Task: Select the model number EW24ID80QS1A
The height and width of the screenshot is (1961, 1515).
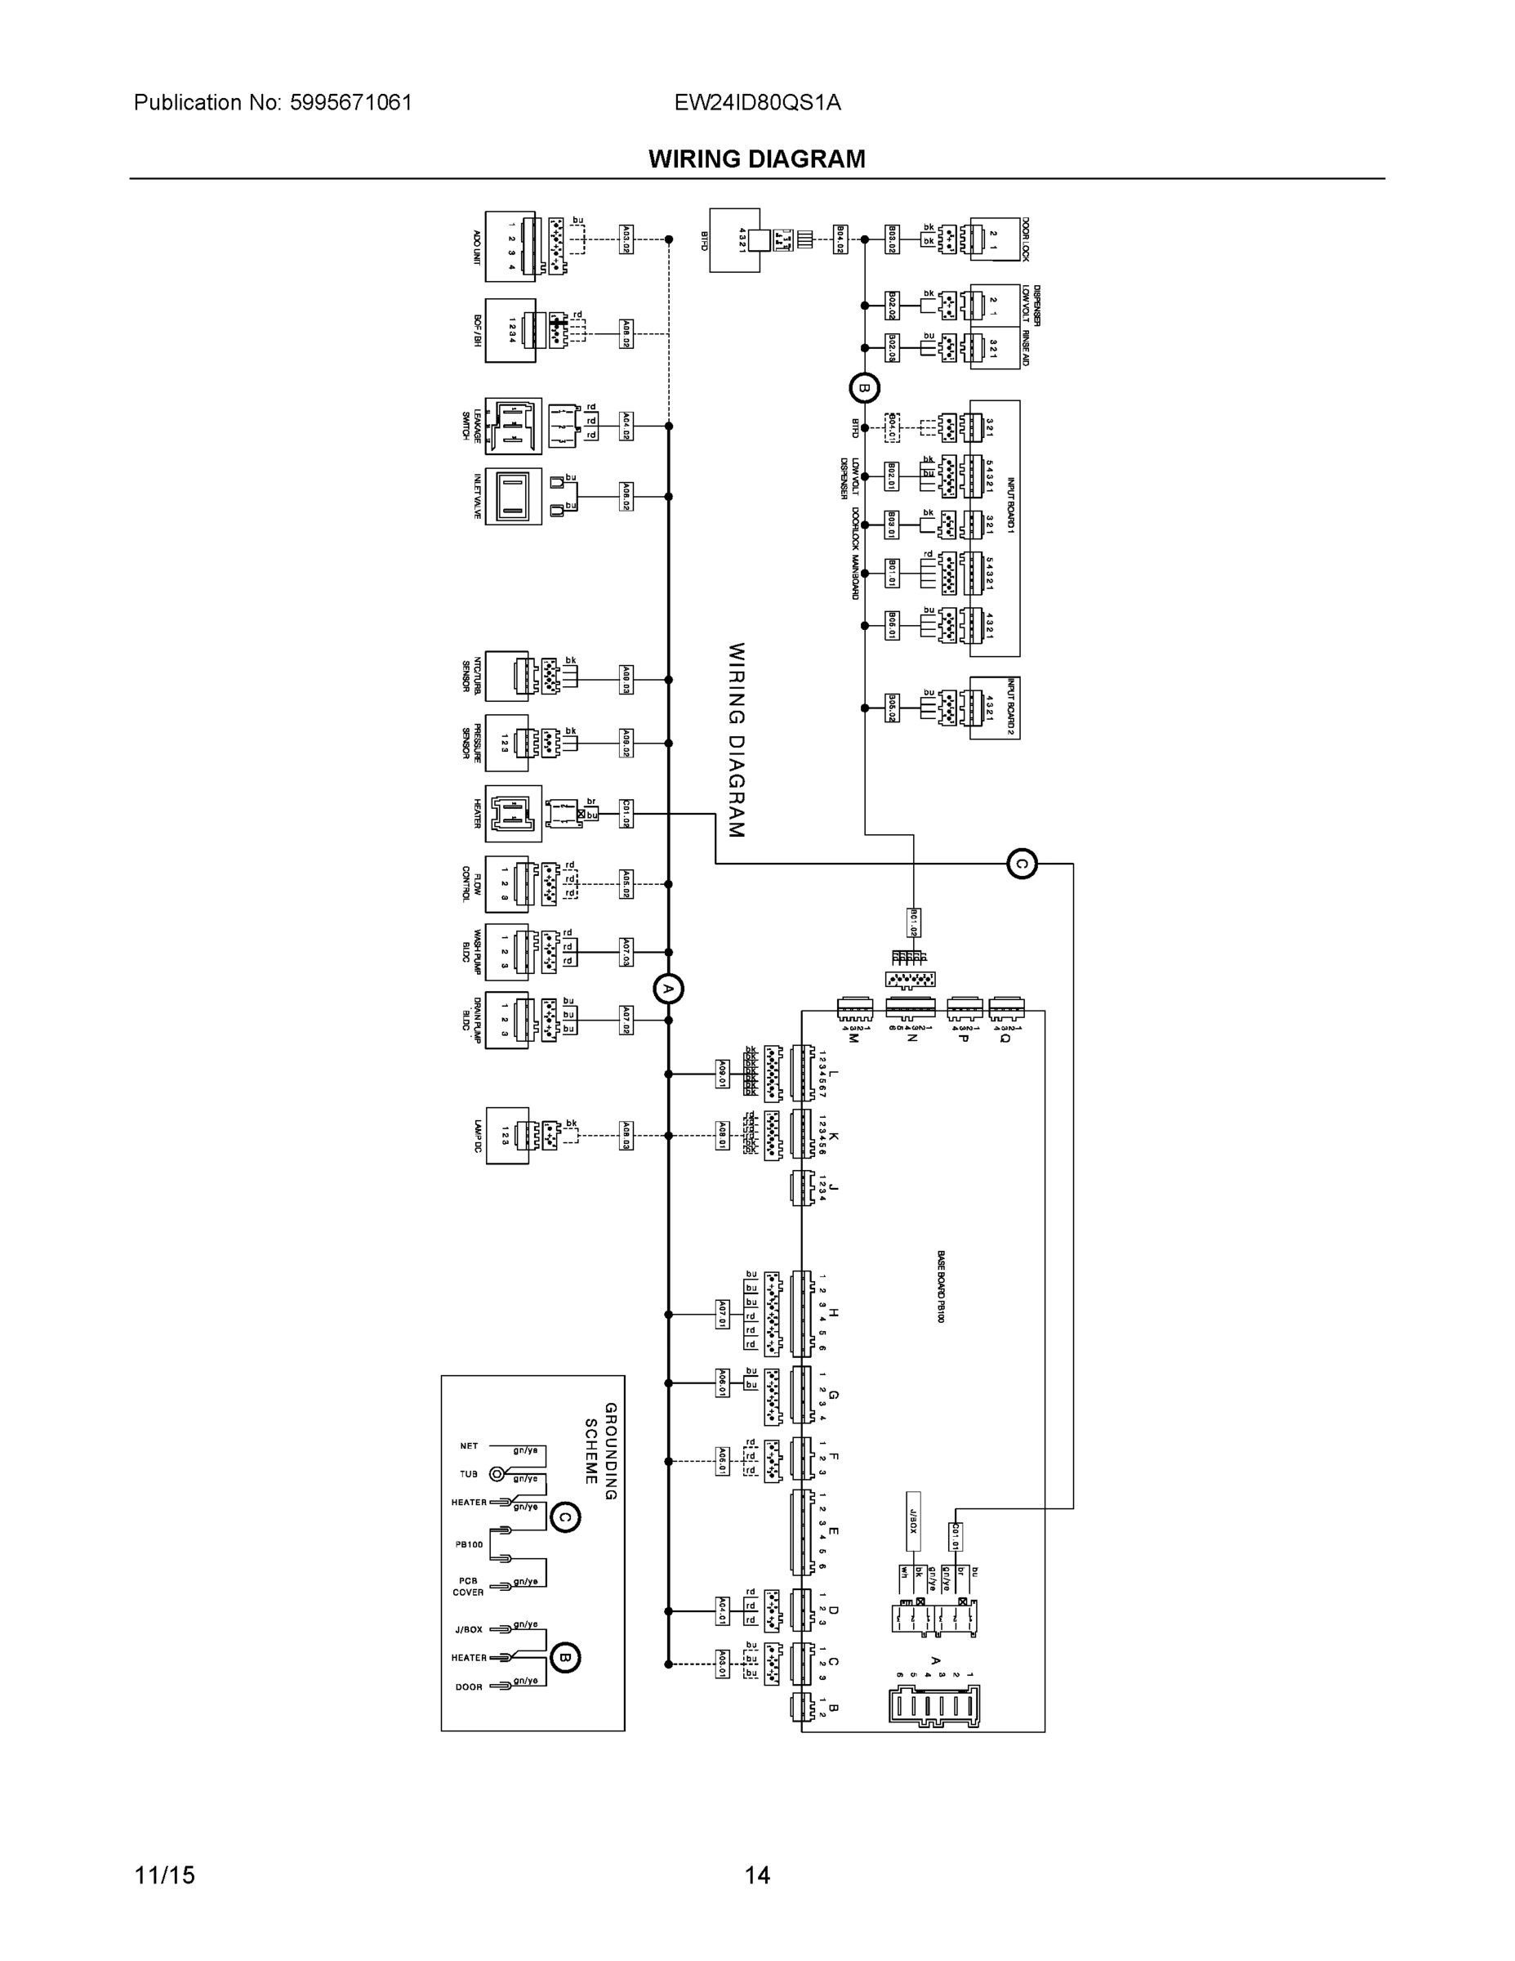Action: pyautogui.click(x=758, y=103)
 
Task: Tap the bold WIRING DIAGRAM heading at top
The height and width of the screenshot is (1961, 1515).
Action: pyautogui.click(x=756, y=159)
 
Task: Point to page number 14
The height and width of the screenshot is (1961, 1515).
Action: pyautogui.click(x=756, y=1875)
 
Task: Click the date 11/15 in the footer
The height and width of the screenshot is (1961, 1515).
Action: pyautogui.click(x=164, y=1875)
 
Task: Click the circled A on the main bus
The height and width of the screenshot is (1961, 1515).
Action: pyautogui.click(x=668, y=989)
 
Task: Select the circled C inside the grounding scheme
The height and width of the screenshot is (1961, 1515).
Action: pyautogui.click(x=564, y=1518)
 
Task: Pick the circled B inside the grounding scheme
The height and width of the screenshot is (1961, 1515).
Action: pyautogui.click(x=564, y=1656)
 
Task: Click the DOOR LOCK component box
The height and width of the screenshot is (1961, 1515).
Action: pyautogui.click(x=995, y=239)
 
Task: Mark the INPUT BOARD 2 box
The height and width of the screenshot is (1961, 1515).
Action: pyautogui.click(x=995, y=708)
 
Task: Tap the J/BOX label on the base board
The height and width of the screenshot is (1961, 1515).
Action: pyautogui.click(x=912, y=1521)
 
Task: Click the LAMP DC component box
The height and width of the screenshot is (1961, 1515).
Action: pyautogui.click(x=507, y=1136)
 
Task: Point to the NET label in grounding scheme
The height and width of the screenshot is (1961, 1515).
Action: pyautogui.click(x=469, y=1445)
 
